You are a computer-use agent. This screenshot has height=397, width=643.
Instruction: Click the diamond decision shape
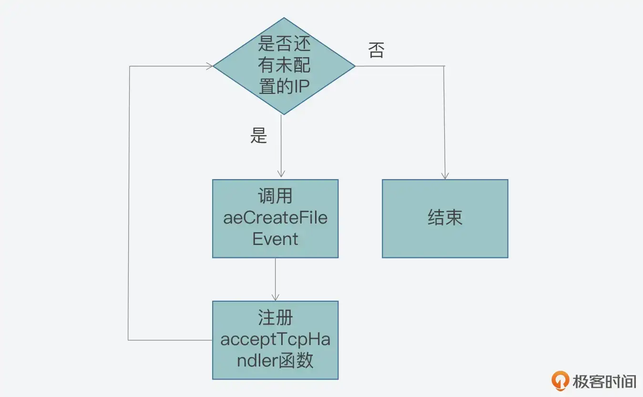pyautogui.click(x=284, y=66)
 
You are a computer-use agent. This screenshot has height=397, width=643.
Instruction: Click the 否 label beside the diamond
pyautogui.click(x=376, y=50)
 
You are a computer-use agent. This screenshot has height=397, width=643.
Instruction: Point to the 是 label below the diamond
pyautogui.click(x=258, y=136)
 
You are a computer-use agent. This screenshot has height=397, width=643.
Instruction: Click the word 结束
pyautogui.click(x=445, y=218)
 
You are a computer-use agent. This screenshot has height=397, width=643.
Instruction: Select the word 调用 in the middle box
pyautogui.click(x=275, y=196)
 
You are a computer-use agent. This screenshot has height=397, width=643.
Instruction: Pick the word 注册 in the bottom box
pyautogui.click(x=275, y=318)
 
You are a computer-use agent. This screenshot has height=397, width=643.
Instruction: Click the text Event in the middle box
pyautogui.click(x=275, y=239)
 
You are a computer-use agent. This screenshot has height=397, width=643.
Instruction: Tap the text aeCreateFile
pyautogui.click(x=275, y=218)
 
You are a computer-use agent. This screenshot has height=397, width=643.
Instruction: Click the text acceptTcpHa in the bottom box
pyautogui.click(x=275, y=339)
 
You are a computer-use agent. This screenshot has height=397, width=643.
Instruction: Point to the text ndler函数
pyautogui.click(x=275, y=360)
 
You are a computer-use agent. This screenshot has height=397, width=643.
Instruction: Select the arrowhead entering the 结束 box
pyautogui.click(x=445, y=176)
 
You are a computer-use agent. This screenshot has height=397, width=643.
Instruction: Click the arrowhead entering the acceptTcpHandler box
pyautogui.click(x=275, y=297)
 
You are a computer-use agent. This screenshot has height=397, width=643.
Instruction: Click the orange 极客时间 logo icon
pyautogui.click(x=560, y=381)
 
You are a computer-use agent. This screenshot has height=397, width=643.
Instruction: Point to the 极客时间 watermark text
pyautogui.click(x=604, y=381)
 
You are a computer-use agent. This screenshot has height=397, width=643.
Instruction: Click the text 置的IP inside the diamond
pyautogui.click(x=284, y=87)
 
